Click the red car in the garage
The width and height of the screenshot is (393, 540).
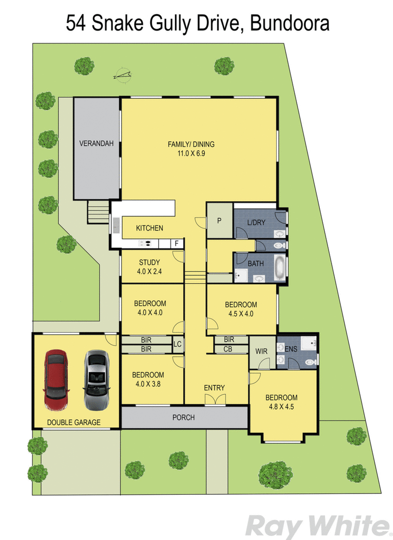click(55, 379)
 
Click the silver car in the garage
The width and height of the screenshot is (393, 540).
click(96, 379)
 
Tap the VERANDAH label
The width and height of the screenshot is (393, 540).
click(96, 144)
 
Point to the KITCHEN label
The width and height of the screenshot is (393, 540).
click(149, 228)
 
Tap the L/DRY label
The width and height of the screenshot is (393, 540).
click(256, 222)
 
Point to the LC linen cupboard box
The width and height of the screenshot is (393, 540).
click(177, 344)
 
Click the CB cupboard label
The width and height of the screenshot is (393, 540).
click(228, 349)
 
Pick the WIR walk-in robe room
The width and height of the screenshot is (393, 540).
click(260, 351)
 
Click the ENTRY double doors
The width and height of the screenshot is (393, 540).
click(214, 400)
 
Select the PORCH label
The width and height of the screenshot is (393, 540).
click(183, 418)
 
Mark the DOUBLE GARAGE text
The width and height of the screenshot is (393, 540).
click(74, 422)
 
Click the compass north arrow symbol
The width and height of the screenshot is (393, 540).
click(123, 75)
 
